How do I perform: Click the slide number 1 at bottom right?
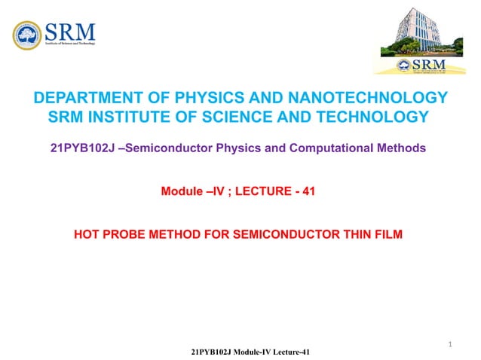click(450, 345)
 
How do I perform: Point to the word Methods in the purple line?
click(403, 148)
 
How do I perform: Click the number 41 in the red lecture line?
click(307, 192)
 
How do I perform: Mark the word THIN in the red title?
click(351, 235)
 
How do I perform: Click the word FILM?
click(388, 235)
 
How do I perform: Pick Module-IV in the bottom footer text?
click(256, 352)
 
